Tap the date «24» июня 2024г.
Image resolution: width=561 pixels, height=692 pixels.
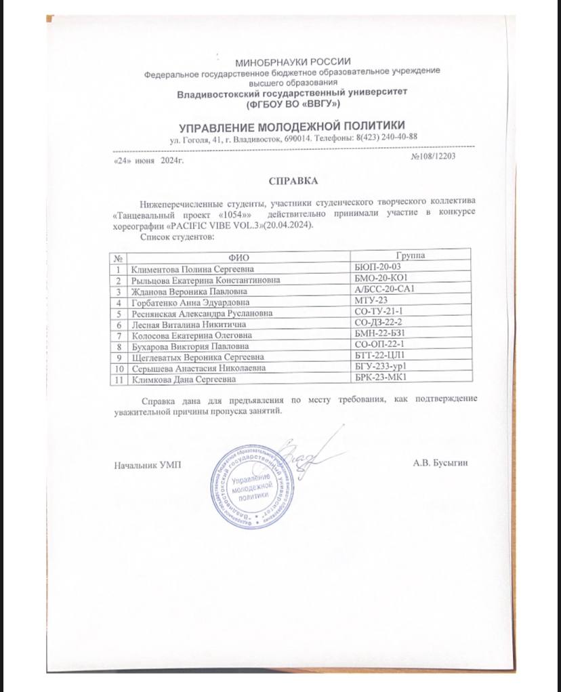(147, 161)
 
